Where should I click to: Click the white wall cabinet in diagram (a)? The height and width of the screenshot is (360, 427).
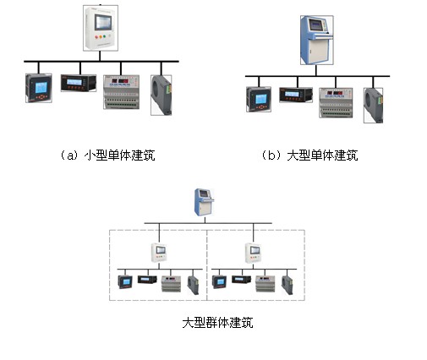[101, 28]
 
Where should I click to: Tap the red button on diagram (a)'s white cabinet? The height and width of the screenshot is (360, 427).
[96, 37]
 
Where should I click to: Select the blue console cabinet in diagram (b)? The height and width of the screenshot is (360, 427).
[317, 40]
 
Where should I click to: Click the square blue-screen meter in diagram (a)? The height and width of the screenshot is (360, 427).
[39, 88]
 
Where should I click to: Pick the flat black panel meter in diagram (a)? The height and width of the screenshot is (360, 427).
[79, 83]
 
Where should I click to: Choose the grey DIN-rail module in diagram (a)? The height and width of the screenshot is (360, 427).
[121, 92]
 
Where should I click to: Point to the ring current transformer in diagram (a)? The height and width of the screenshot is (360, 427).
[161, 95]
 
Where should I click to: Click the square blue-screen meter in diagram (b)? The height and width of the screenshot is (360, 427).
[259, 99]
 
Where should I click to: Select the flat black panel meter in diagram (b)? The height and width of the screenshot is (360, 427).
[296, 95]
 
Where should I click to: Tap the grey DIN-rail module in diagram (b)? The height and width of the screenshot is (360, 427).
[336, 102]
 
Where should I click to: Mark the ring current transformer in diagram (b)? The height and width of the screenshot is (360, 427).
[373, 106]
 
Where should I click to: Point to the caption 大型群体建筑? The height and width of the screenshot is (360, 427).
[217, 323]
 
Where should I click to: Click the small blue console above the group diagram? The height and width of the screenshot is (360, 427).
[204, 202]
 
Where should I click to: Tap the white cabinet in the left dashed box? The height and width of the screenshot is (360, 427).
[159, 253]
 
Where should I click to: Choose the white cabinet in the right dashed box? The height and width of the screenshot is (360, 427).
[253, 253]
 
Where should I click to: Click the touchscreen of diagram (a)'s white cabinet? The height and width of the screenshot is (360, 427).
[103, 22]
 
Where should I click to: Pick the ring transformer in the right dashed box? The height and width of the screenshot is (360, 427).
[287, 286]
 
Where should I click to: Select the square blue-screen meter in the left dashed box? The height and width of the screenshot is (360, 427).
[125, 282]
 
